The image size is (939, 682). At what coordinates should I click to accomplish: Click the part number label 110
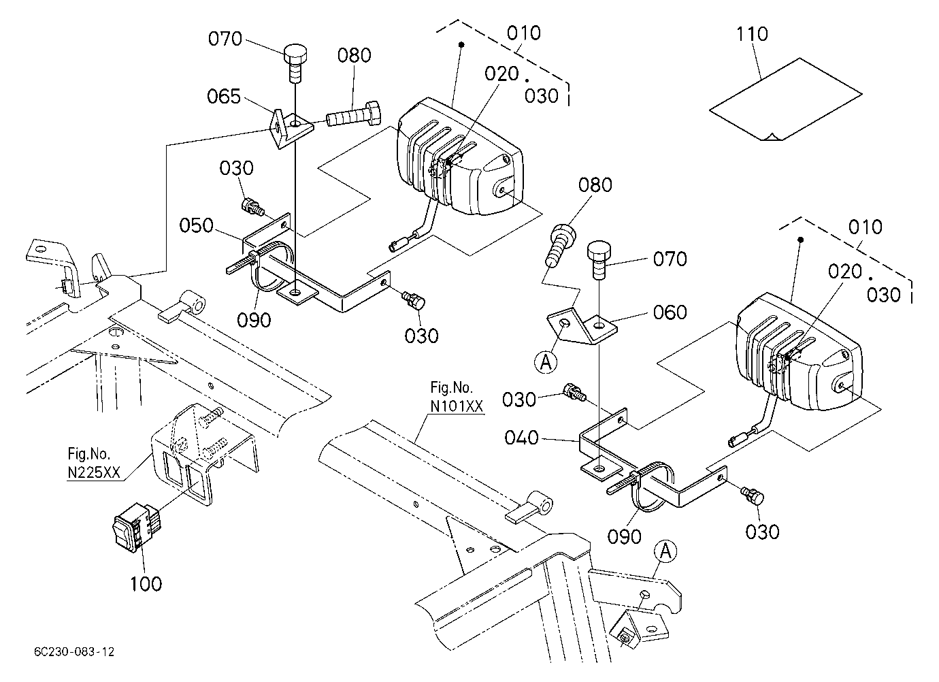(752, 34)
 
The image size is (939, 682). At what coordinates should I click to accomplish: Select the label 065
(224, 97)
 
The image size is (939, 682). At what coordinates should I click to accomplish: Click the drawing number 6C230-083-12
(74, 652)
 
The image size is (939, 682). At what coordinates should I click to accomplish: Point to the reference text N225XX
(94, 472)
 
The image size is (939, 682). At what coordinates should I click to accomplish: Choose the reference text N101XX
(457, 406)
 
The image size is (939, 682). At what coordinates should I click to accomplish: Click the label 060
(670, 312)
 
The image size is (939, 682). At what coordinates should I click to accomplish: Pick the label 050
(196, 226)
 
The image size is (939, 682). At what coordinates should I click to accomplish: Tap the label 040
(521, 438)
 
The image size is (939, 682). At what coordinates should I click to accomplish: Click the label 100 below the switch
(146, 584)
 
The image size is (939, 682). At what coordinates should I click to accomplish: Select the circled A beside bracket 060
(546, 362)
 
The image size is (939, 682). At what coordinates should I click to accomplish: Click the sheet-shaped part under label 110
(786, 100)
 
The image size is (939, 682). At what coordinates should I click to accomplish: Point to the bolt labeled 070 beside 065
(296, 64)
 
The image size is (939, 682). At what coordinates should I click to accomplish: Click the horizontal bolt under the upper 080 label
(353, 115)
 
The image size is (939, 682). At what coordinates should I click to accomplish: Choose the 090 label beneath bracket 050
(254, 321)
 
